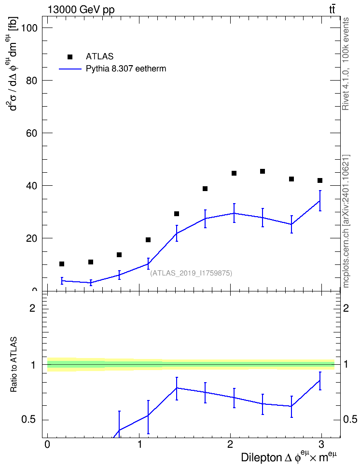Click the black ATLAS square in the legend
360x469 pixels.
(x=70, y=57)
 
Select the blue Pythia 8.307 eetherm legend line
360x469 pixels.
(x=70, y=69)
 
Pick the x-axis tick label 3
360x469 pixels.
(x=321, y=444)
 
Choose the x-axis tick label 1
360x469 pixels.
(x=139, y=444)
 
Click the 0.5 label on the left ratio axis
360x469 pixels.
(x=29, y=420)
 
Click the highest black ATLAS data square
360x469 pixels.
(x=263, y=171)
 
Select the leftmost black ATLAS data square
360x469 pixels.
(x=62, y=264)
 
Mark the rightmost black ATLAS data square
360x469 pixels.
(x=320, y=180)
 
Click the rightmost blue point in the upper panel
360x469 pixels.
(x=320, y=201)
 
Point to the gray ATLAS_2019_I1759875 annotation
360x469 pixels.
(x=191, y=273)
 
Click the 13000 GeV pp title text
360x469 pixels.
(x=81, y=10)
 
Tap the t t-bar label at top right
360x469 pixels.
(x=332, y=10)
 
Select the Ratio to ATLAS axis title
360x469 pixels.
(x=14, y=364)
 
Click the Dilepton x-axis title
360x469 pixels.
(x=289, y=457)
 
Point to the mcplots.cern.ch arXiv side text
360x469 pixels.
(x=346, y=221)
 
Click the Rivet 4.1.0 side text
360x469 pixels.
(x=346, y=64)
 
